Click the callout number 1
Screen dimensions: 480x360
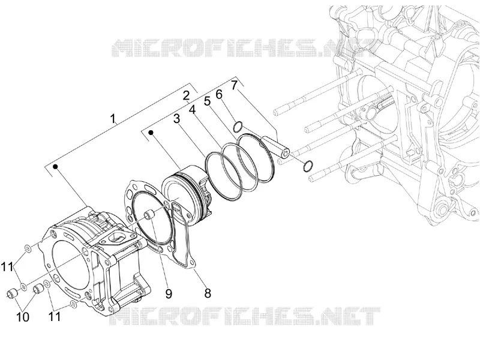click(x=113, y=118)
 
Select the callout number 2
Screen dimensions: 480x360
click(x=186, y=96)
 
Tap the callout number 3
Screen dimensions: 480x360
click(x=176, y=119)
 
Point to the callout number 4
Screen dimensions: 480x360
click(x=192, y=110)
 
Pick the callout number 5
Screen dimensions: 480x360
click(x=208, y=101)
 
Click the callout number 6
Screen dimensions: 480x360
click(x=219, y=95)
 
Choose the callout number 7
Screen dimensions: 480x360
click(x=234, y=85)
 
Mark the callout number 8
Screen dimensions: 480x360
click(x=208, y=293)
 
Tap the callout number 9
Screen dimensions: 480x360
click(x=169, y=294)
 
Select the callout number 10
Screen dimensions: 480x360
click(x=23, y=317)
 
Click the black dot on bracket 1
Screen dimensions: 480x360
click(x=56, y=167)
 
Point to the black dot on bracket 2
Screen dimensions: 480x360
click(x=151, y=132)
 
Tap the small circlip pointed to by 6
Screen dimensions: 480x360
click(x=238, y=127)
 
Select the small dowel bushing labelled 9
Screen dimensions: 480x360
click(x=149, y=214)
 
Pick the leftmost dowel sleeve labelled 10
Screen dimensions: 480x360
click(x=13, y=293)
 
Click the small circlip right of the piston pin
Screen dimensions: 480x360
click(x=308, y=166)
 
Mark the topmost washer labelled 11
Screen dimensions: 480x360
click(x=27, y=248)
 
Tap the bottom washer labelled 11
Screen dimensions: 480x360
click(x=73, y=304)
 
